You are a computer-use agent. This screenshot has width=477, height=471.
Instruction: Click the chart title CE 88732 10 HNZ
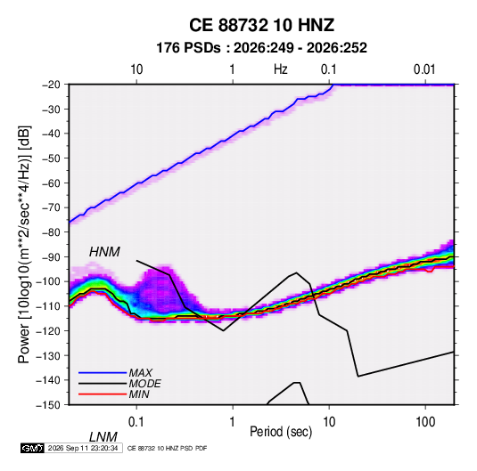point(261,25)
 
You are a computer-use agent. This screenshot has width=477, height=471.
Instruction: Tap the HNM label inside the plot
point(104,252)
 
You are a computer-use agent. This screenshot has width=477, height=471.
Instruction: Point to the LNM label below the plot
point(103,437)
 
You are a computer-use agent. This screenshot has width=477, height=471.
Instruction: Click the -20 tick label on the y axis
point(51,85)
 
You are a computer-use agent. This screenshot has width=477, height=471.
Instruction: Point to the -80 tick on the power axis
point(51,232)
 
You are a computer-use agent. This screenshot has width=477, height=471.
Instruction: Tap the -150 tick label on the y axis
point(48,405)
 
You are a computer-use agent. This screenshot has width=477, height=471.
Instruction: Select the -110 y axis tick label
point(48,306)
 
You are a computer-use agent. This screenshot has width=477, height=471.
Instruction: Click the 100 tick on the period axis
point(425,422)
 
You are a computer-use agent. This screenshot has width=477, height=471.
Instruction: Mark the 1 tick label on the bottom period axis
point(232,422)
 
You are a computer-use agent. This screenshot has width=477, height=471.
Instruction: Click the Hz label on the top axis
point(281,69)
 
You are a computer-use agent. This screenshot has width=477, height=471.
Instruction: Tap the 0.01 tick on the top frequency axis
point(424,69)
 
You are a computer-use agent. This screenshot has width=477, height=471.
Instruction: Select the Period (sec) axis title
point(281,432)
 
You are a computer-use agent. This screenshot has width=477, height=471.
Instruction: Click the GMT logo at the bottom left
point(32,448)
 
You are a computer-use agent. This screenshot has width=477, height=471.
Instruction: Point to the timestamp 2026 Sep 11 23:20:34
point(83,448)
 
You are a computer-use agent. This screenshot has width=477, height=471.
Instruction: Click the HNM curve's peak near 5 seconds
point(296,272)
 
